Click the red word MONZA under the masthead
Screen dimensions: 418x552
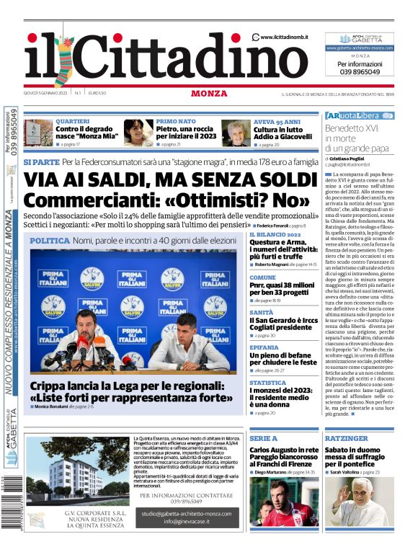coord(209,93)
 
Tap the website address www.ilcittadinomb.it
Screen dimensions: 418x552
coord(284,37)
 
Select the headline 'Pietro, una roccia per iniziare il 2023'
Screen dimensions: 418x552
coord(186,133)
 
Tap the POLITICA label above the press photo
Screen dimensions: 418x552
coord(50,240)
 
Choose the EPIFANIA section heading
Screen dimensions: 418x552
coord(264,347)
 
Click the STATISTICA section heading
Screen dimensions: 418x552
coord(267,383)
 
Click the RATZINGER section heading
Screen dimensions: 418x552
coord(346,438)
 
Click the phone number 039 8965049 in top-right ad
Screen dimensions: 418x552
coord(358,72)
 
